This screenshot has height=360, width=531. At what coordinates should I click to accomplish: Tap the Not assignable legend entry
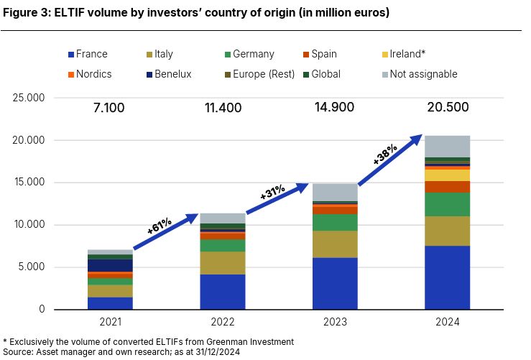(423, 74)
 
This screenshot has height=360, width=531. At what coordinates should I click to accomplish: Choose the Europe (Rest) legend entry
(258, 74)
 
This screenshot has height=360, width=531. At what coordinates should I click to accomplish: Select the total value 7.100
(109, 109)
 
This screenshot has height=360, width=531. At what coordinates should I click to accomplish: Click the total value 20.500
(447, 108)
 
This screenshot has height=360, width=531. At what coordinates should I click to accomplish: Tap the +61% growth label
(159, 226)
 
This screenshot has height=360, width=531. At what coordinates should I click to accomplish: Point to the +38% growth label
(385, 152)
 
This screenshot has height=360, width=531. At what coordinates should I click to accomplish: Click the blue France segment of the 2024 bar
(447, 277)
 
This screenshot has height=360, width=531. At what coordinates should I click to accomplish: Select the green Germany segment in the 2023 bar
(335, 222)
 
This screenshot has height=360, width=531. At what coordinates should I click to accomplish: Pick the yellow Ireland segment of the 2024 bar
(447, 175)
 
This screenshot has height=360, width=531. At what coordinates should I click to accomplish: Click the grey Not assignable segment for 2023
(335, 192)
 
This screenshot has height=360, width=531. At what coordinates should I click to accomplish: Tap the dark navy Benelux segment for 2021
(110, 265)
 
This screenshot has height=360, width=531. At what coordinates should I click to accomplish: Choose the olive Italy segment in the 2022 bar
(222, 262)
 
